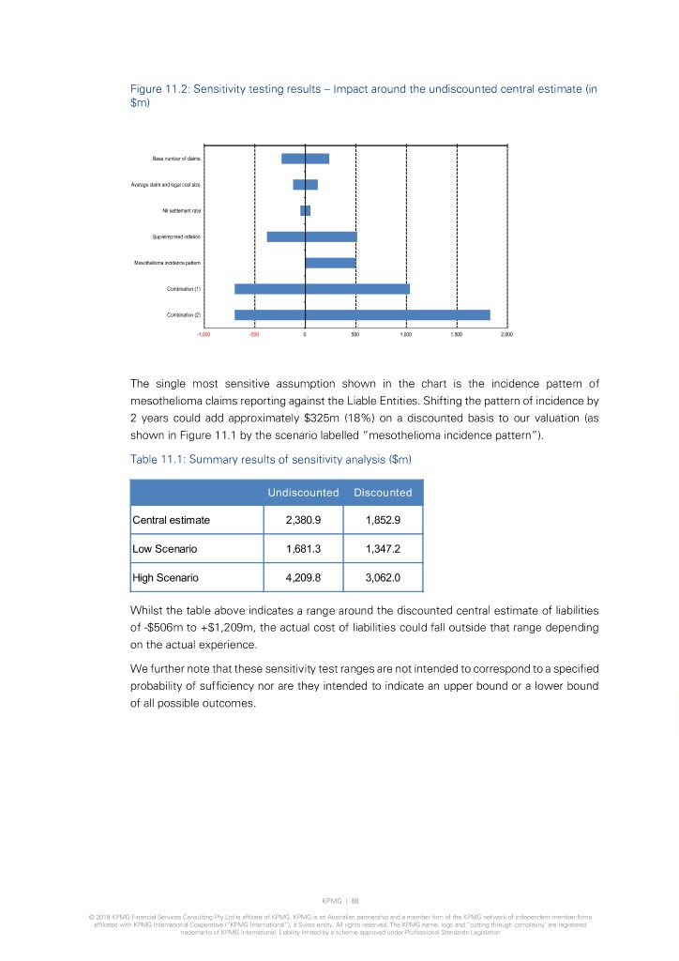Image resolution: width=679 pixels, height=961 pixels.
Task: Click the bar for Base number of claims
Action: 305,159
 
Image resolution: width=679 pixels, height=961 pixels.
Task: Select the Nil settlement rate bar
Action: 305,210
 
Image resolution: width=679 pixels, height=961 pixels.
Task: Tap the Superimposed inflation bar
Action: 311,236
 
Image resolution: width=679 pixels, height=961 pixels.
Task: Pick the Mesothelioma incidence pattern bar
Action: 330,263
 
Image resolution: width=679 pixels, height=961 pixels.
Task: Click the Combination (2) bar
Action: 362,314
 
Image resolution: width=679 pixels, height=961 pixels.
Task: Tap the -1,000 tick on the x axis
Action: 204,334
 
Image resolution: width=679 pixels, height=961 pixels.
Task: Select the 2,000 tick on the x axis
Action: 506,334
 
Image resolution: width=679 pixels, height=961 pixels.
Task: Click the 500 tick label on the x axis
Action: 355,334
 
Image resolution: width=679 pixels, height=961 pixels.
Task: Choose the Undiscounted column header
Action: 303,492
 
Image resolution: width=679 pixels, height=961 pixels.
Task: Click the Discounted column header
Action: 383,492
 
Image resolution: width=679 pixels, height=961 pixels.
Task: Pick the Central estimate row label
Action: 172,518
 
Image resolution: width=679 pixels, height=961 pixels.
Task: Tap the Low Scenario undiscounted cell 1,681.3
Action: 304,548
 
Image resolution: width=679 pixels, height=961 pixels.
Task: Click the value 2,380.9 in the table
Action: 304,518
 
